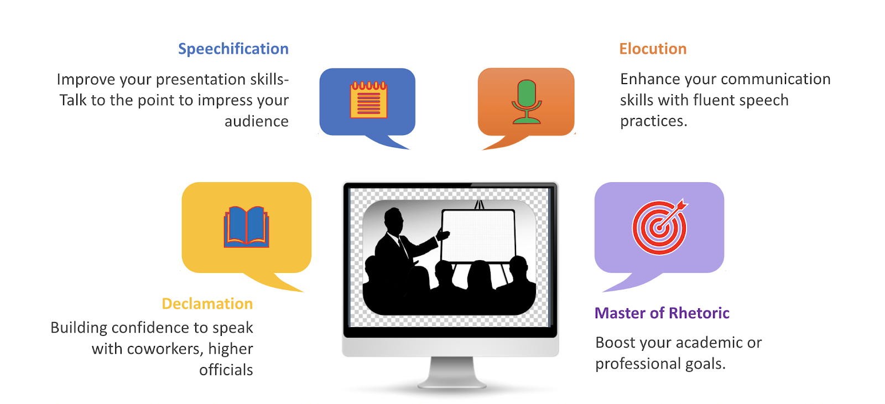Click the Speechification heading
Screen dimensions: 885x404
pyautogui.click(x=233, y=49)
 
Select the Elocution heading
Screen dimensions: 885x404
pyautogui.click(x=653, y=49)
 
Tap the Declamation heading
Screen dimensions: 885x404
pyautogui.click(x=207, y=304)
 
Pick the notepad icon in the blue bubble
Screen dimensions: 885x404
pyautogui.click(x=368, y=100)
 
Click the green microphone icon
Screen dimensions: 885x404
pyautogui.click(x=526, y=102)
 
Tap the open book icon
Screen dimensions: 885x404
pyautogui.click(x=247, y=227)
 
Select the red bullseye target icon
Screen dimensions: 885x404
pyautogui.click(x=660, y=227)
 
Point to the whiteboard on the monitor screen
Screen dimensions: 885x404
pyautogui.click(x=478, y=236)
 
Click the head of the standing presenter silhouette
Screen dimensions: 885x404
pyautogui.click(x=394, y=221)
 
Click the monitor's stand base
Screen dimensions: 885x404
pyautogui.click(x=451, y=384)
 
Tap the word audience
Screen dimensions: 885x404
pyautogui.click(x=257, y=121)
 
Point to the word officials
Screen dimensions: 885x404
pyautogui.click(x=226, y=370)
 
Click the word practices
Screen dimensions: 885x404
pyautogui.click(x=654, y=121)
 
